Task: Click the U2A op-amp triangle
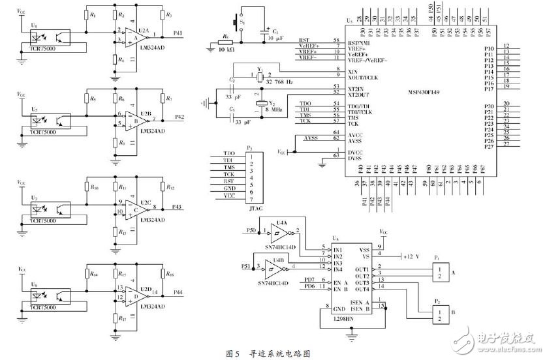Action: click(x=134, y=36)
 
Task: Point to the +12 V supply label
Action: click(x=413, y=256)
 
